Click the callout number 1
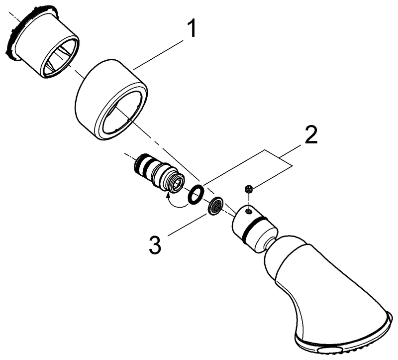[192, 29]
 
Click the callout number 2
[310, 135]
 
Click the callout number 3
[155, 244]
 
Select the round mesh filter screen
[215, 205]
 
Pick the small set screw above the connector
[249, 189]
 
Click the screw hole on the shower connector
[248, 210]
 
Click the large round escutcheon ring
[111, 100]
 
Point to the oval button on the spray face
[327, 351]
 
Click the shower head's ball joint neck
[269, 244]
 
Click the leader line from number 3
[188, 225]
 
